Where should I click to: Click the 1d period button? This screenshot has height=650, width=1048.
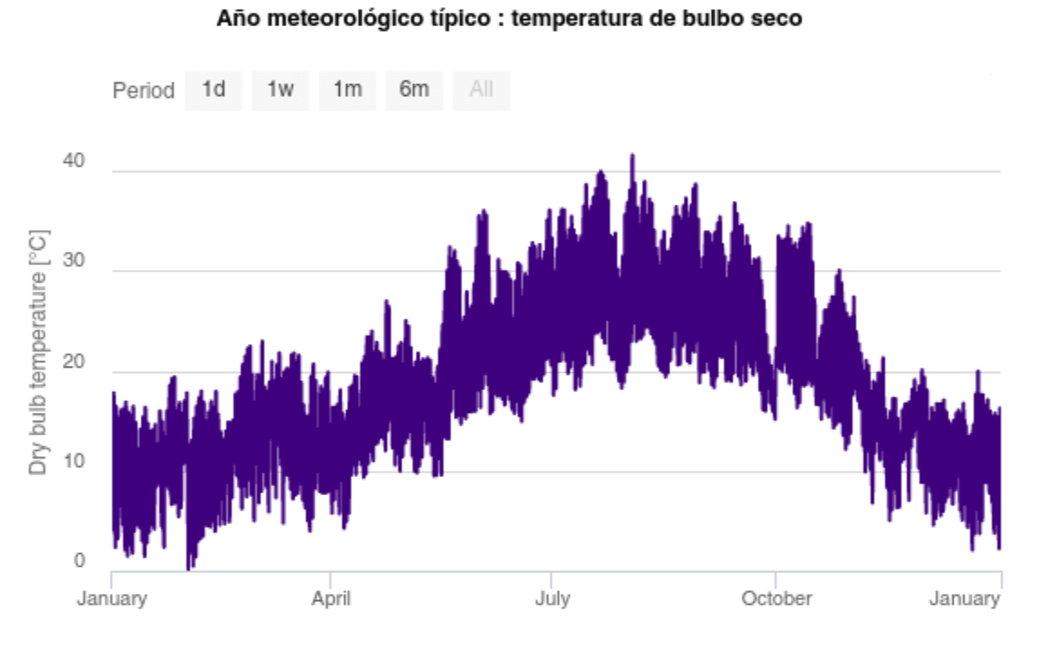click(214, 90)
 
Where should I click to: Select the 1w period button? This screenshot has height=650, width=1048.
click(281, 90)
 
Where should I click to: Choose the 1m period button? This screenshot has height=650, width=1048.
click(348, 90)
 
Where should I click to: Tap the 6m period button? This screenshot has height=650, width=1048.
click(414, 90)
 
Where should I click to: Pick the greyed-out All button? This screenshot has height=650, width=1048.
click(481, 90)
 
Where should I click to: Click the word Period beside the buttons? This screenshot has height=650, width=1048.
click(143, 91)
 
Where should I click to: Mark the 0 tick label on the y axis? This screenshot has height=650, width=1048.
click(79, 561)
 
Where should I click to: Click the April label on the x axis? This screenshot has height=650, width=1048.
click(330, 599)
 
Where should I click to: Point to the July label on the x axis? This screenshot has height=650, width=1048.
click(551, 599)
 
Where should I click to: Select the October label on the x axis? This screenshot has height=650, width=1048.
click(776, 599)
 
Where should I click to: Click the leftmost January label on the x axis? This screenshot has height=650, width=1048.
click(111, 599)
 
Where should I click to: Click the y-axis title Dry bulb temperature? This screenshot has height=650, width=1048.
click(39, 352)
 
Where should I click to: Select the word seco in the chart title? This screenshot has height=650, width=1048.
click(778, 18)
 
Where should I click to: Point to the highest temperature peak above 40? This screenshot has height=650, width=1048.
click(633, 157)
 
